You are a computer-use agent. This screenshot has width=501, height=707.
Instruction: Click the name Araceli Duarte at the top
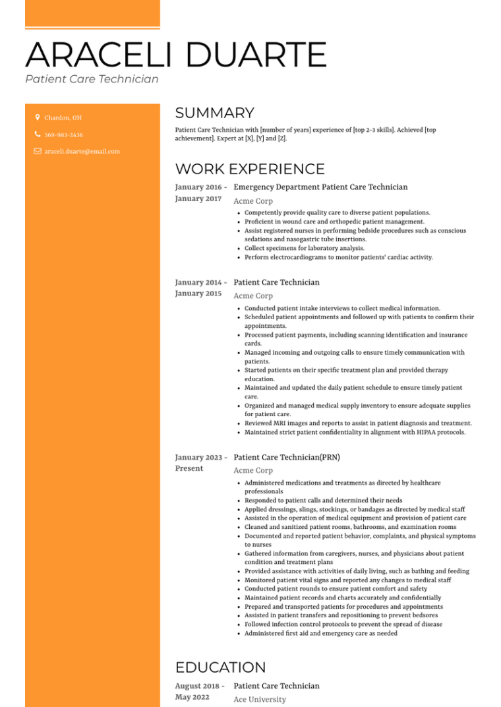176,55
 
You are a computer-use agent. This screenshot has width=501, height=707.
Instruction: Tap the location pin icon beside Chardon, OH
38,117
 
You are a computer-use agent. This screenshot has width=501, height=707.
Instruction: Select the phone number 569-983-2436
63,135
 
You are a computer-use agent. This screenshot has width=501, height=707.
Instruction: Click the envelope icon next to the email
38,151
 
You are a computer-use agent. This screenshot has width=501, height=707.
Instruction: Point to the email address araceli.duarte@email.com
82,151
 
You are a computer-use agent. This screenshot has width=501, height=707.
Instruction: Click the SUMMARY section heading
214,113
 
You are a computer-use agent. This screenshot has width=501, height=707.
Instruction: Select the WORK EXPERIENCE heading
250,169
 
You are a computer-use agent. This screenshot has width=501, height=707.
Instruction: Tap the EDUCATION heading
220,667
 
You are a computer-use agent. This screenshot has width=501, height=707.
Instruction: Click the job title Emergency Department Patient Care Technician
320,187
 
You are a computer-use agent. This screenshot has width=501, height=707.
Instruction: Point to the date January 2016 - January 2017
200,193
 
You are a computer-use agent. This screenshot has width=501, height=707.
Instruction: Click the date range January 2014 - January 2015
200,288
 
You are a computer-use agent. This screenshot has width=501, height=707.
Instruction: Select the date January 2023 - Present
200,462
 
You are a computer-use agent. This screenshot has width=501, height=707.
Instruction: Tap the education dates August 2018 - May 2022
200,691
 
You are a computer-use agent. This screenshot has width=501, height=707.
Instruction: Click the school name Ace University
260,699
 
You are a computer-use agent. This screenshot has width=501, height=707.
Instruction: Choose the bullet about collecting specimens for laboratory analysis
304,249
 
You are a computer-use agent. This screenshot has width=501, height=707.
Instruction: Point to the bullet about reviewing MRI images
358,423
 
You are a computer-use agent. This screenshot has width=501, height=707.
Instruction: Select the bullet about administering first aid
320,633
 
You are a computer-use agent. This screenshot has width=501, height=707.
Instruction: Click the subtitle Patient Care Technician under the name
92,79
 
